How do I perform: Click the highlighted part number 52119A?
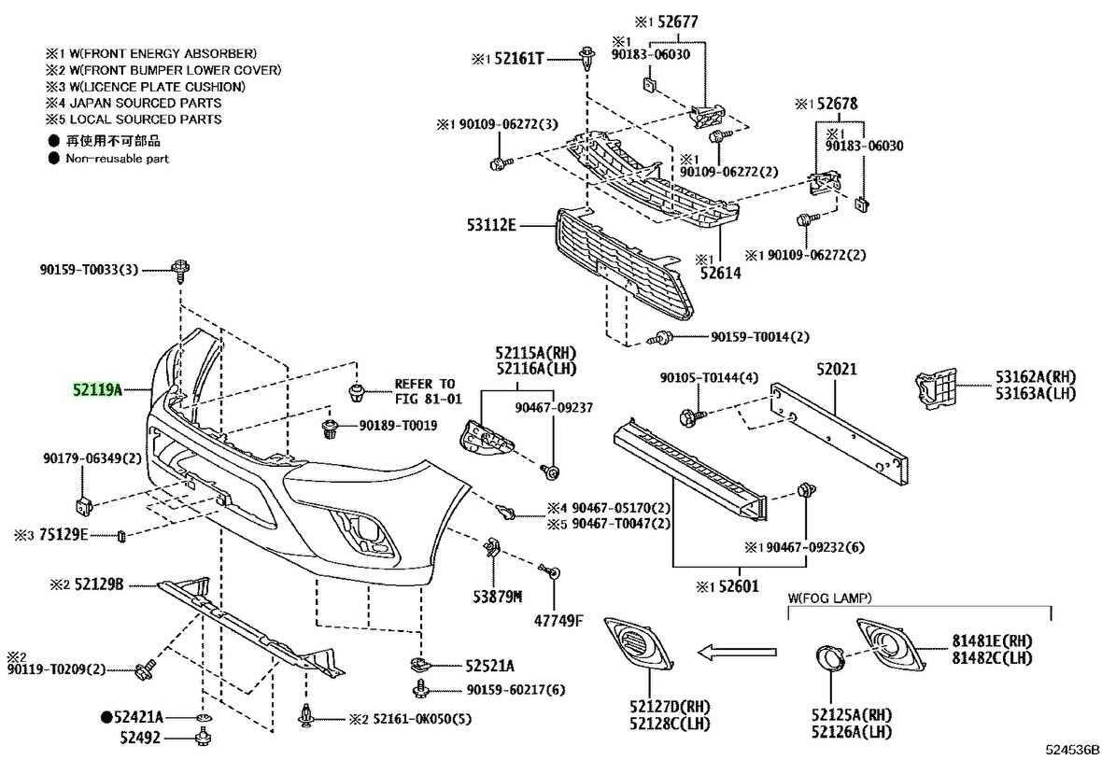[x=99, y=388]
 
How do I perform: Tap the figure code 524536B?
[x=1073, y=749]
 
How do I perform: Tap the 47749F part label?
[x=558, y=621]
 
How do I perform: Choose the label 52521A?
[x=489, y=666]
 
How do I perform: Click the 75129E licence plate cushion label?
[x=63, y=535]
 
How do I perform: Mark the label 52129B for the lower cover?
[x=99, y=584]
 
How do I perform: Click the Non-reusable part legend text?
[x=117, y=159]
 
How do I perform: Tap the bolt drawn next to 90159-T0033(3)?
[x=179, y=272]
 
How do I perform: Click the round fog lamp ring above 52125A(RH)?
[x=828, y=657]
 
